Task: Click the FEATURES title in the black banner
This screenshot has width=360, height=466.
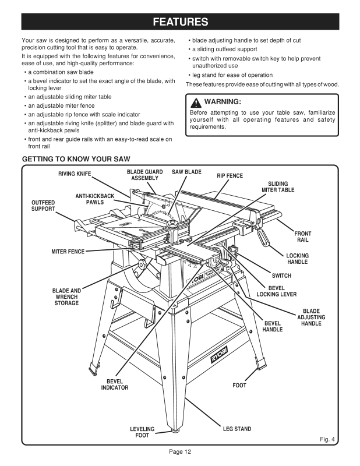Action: point(179,23)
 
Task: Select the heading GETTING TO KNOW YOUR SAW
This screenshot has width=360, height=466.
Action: point(76,159)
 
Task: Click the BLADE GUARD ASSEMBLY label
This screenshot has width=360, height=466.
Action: point(145,175)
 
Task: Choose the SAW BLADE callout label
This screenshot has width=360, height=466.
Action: point(186,172)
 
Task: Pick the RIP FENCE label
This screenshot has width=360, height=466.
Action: point(230,175)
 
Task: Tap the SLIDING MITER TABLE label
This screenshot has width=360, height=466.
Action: point(278,187)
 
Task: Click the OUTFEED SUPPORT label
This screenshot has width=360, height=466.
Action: point(43,206)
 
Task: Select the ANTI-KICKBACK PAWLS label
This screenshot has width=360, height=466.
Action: point(95,199)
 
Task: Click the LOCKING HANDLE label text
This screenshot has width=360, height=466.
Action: point(298,259)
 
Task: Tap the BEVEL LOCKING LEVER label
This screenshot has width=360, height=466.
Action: point(276,291)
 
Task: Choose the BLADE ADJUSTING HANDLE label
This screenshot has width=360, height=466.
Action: point(311,317)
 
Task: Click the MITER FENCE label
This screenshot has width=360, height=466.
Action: point(68,252)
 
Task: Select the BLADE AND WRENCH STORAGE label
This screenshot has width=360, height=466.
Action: point(66,296)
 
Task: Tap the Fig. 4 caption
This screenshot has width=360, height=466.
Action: point(329,438)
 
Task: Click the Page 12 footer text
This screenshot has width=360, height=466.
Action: point(180,451)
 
